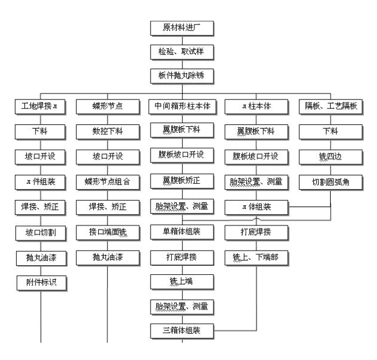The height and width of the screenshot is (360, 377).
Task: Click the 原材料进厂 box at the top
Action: click(182, 29)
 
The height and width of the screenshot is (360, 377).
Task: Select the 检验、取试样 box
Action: click(182, 52)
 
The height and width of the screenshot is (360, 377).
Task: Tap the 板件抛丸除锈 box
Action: click(182, 76)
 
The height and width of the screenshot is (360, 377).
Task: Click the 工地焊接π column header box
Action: click(40, 107)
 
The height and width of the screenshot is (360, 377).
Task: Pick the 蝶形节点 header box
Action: click(108, 107)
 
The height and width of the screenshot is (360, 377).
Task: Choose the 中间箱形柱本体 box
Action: click(183, 107)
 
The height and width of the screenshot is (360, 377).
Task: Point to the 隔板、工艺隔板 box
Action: click(331, 107)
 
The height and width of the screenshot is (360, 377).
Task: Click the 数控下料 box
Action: click(108, 132)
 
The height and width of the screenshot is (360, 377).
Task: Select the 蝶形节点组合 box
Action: click(108, 182)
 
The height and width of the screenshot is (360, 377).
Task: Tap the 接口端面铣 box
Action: click(108, 233)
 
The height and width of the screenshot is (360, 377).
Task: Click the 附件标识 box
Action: click(42, 283)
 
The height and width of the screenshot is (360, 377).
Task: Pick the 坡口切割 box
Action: click(41, 233)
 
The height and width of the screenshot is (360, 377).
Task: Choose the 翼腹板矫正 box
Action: click(182, 181)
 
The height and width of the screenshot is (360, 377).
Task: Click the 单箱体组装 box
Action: click(182, 232)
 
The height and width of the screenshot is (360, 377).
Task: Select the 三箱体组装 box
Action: click(182, 331)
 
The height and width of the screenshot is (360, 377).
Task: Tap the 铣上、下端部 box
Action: click(256, 258)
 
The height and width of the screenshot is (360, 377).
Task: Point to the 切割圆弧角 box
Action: click(331, 183)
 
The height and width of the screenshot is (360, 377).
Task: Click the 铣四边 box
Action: click(331, 157)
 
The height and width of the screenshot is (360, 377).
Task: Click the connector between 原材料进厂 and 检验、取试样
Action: click(182, 40)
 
